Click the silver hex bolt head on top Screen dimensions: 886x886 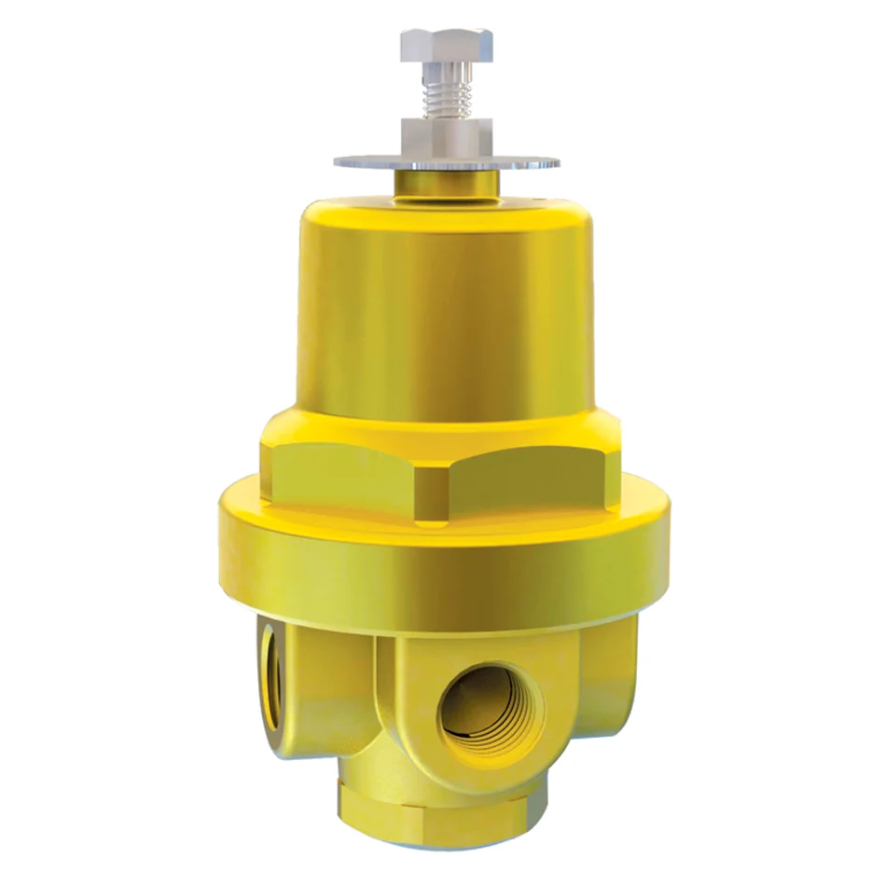pos(446,45)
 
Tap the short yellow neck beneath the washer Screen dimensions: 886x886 pos(444,183)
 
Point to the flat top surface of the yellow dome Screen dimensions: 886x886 pos(444,207)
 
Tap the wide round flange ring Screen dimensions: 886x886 pos(444,560)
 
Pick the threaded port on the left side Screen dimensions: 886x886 pos(270,676)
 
